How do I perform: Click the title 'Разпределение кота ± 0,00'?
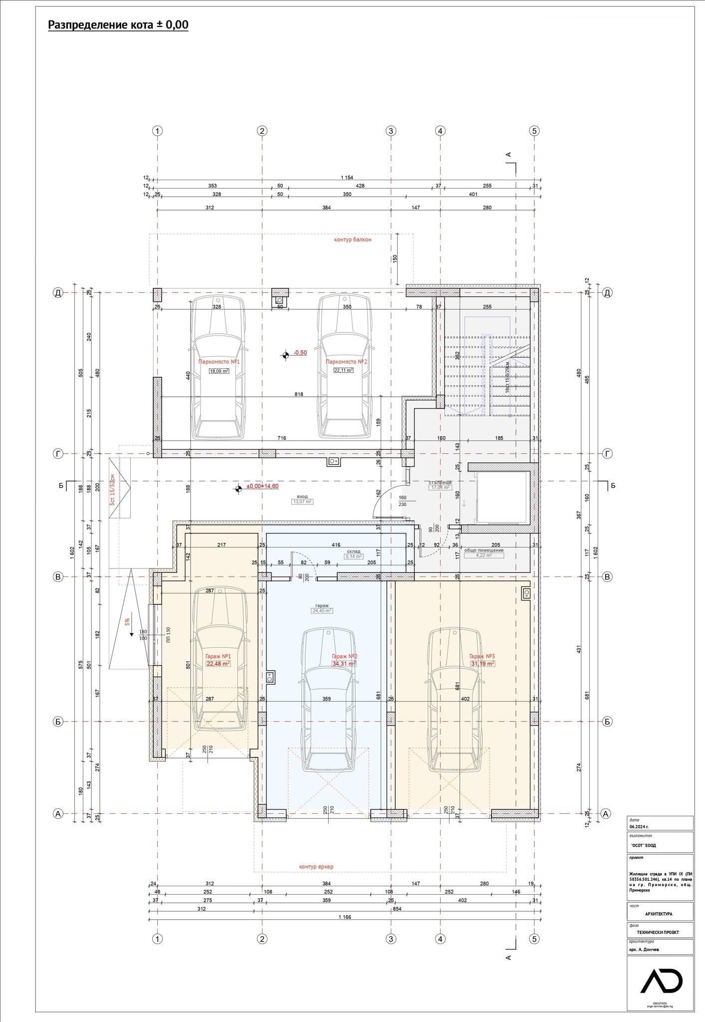point(118,25)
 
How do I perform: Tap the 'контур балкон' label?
point(353,240)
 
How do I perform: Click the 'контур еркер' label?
point(316,866)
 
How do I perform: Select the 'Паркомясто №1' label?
point(219,361)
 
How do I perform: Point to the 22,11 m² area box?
point(343,370)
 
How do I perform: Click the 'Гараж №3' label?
point(481,656)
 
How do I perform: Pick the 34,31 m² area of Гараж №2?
point(344,664)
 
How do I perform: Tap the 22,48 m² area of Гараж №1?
point(218,664)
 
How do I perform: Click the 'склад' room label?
point(353,551)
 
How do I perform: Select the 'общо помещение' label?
point(484,550)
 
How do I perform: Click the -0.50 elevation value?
point(300,353)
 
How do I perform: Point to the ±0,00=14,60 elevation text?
point(262,487)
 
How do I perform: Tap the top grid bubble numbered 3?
point(391,131)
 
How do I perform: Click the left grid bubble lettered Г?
point(58,454)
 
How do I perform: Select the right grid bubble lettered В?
point(607,577)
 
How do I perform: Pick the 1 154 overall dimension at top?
point(347,178)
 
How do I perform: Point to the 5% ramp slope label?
point(127,622)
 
